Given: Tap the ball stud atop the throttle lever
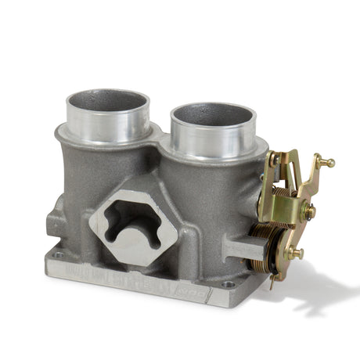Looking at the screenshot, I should point(329,163).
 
